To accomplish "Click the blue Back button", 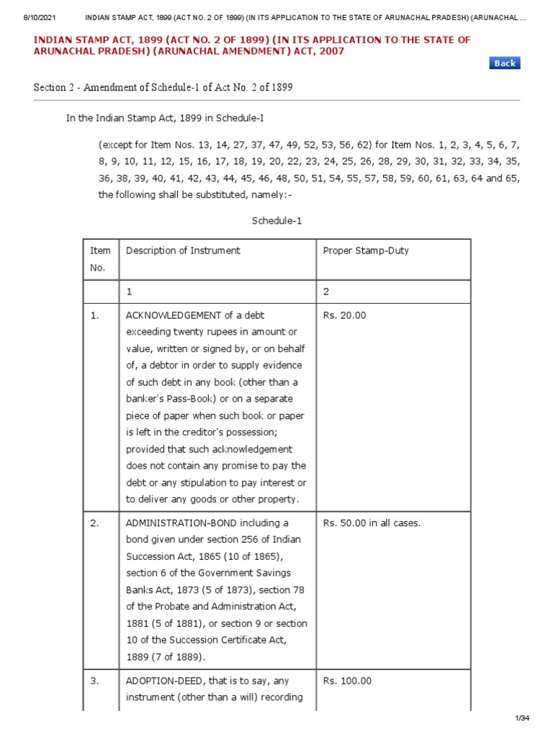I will click(x=505, y=63).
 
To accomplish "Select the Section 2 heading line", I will click(x=163, y=88).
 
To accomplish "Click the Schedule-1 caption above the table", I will click(x=276, y=221).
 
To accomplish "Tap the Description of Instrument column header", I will click(x=183, y=250).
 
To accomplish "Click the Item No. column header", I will click(x=100, y=259).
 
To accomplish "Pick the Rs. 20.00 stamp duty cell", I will click(x=344, y=315).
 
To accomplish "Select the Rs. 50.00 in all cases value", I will click(x=372, y=523).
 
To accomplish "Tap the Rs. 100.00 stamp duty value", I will click(x=347, y=681).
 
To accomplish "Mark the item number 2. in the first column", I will click(x=95, y=523).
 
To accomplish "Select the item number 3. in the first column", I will click(x=95, y=681).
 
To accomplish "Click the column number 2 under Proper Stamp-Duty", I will click(x=326, y=292).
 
